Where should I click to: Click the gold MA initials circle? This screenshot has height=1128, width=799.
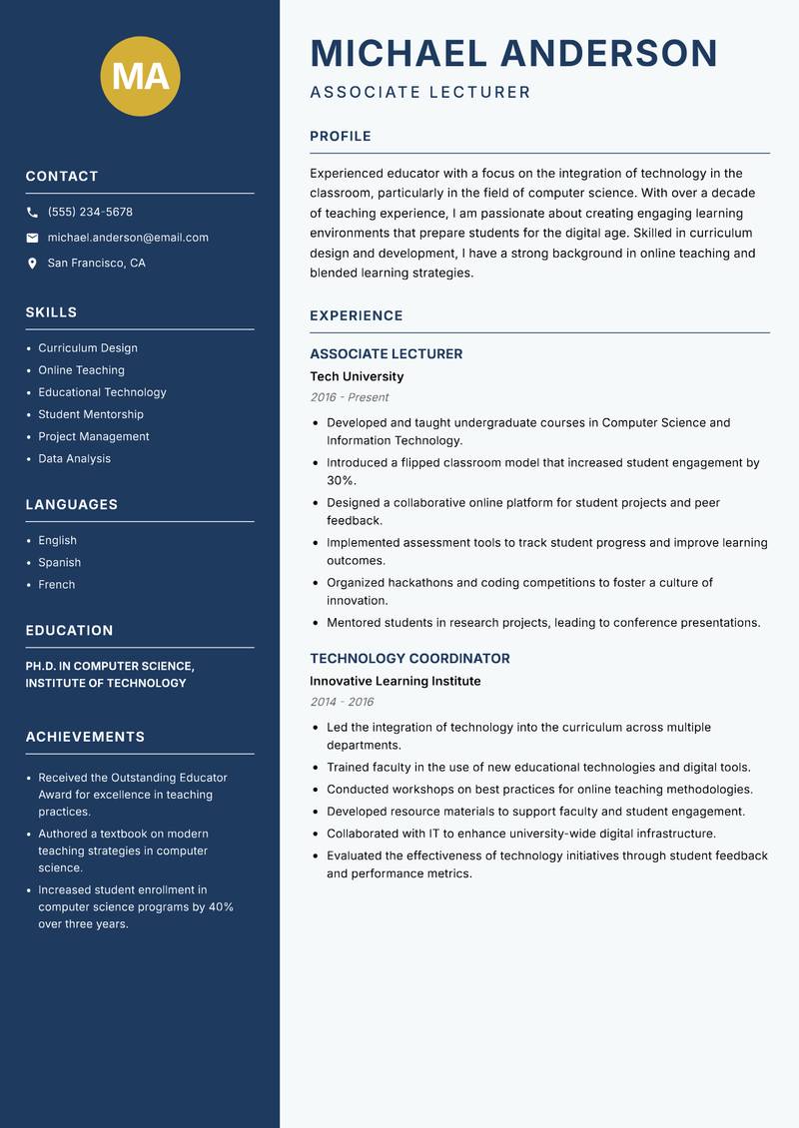pos(141,76)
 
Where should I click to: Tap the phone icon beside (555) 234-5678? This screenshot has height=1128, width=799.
pos(32,213)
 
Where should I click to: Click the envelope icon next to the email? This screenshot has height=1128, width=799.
pos(32,238)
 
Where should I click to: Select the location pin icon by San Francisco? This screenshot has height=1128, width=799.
pos(32,264)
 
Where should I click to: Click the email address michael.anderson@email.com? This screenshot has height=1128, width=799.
pos(128,238)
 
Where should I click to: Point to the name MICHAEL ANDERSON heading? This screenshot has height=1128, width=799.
pos(513,53)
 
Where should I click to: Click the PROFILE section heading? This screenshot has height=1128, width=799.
pos(340,137)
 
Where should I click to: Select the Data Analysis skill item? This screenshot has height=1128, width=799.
pos(74,459)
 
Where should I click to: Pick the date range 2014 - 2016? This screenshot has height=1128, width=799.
pos(342,702)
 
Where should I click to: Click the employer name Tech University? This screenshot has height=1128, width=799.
pos(357,376)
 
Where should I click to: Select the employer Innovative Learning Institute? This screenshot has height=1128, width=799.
pos(395,681)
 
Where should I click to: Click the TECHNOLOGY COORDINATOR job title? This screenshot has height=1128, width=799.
pos(409,659)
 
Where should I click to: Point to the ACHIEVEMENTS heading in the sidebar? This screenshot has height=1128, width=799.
pos(85,737)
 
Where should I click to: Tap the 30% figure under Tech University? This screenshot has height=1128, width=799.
pos(339,481)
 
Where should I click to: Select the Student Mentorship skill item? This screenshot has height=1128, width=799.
pos(91,414)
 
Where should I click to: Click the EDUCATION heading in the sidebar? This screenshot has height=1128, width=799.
pos(69,631)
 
